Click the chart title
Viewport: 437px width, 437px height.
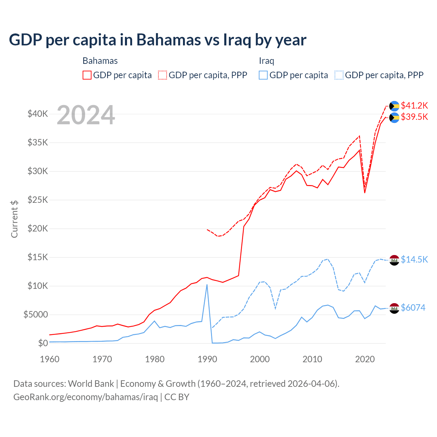[x=157, y=40]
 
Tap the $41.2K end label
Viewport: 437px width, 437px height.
[x=414, y=105]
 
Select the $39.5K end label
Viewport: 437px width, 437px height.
[x=414, y=117]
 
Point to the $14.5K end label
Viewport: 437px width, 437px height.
[x=414, y=259]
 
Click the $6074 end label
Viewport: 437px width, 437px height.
[x=413, y=308]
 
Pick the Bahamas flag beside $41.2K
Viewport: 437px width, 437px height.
[x=394, y=106]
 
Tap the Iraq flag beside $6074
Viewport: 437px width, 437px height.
[x=394, y=308]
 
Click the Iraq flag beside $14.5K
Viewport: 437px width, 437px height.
[x=394, y=260]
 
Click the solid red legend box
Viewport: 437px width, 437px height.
[x=87, y=75]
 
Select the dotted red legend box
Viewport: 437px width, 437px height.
[x=163, y=75]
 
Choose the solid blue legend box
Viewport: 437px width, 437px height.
[x=263, y=75]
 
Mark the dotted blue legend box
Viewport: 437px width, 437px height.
[x=339, y=75]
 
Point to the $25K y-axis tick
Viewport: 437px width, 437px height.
[x=38, y=200]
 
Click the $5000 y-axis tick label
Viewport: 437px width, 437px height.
[x=36, y=314]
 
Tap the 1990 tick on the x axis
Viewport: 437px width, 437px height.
[x=207, y=359]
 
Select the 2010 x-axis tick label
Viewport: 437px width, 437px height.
[x=312, y=359]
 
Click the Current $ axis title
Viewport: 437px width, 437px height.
[x=14, y=219]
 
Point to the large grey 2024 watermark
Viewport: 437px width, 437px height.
[x=86, y=115]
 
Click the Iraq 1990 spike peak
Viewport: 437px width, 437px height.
[x=207, y=285]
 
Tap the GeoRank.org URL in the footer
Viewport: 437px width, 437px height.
[x=85, y=397]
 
